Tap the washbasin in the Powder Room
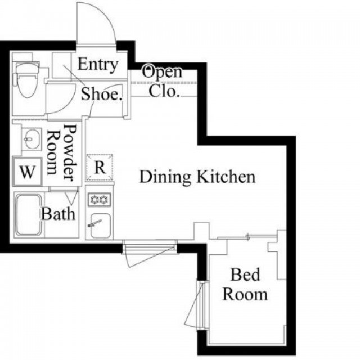(x=31, y=139)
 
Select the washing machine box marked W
(x=28, y=171)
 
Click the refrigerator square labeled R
(x=100, y=168)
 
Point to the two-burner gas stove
(x=99, y=199)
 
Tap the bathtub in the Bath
(x=29, y=215)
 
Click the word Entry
(x=98, y=65)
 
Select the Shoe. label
(x=101, y=94)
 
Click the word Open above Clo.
(x=162, y=71)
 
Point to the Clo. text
(x=164, y=91)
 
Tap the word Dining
(x=165, y=177)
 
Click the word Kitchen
(x=226, y=176)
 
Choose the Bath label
(x=58, y=214)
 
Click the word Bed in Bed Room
(x=245, y=274)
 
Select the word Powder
(x=70, y=152)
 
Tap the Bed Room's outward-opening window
(x=197, y=305)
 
